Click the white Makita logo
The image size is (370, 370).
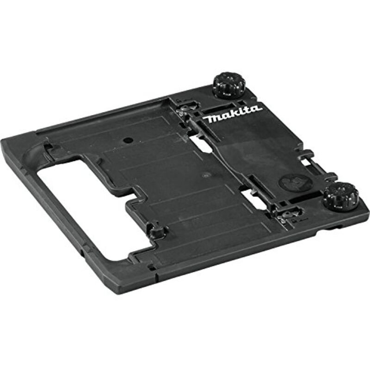tap(232, 115)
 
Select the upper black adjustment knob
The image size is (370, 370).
tap(229, 85)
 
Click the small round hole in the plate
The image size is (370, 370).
tap(128, 140)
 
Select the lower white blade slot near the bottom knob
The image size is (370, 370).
tap(253, 198)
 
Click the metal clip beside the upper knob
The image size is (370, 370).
tap(185, 110)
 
